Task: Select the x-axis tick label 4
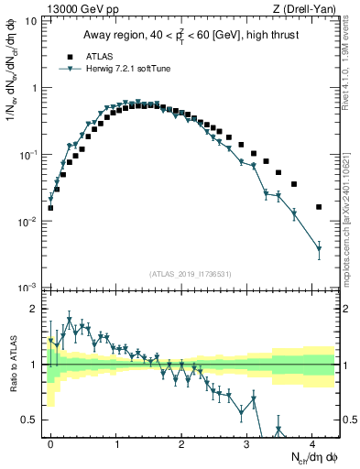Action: pos(312,443)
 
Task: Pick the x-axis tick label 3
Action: pos(247,443)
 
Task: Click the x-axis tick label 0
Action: pos(50,443)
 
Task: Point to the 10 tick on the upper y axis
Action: pos(34,20)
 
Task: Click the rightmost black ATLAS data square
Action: pos(319,207)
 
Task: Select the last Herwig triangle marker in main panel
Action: pos(319,248)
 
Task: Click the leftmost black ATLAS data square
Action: pos(50,208)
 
